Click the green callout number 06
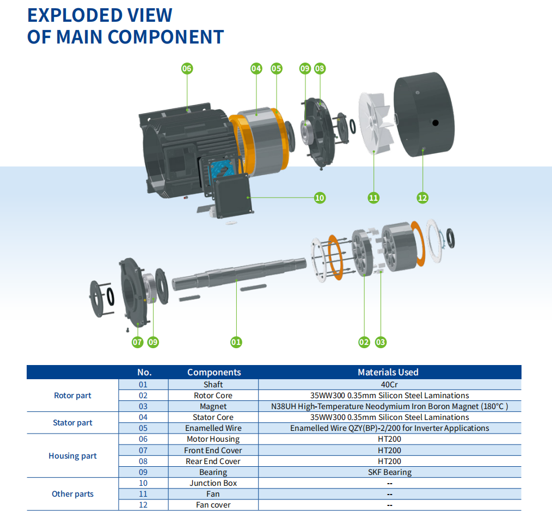[x=187, y=69]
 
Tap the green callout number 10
[x=320, y=197]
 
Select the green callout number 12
[x=422, y=197]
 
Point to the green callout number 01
[x=236, y=342]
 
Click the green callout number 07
[x=137, y=342]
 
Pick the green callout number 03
[x=381, y=342]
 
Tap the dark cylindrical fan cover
[x=424, y=114]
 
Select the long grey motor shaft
[x=240, y=274]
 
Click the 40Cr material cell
[x=389, y=385]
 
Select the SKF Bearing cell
[x=390, y=472]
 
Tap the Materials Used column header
[x=388, y=372]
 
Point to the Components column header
[x=214, y=372]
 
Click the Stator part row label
[x=72, y=423]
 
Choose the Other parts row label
[x=72, y=494]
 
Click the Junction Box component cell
[x=213, y=483]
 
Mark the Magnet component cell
[x=213, y=406]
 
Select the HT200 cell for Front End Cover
[x=389, y=450]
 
